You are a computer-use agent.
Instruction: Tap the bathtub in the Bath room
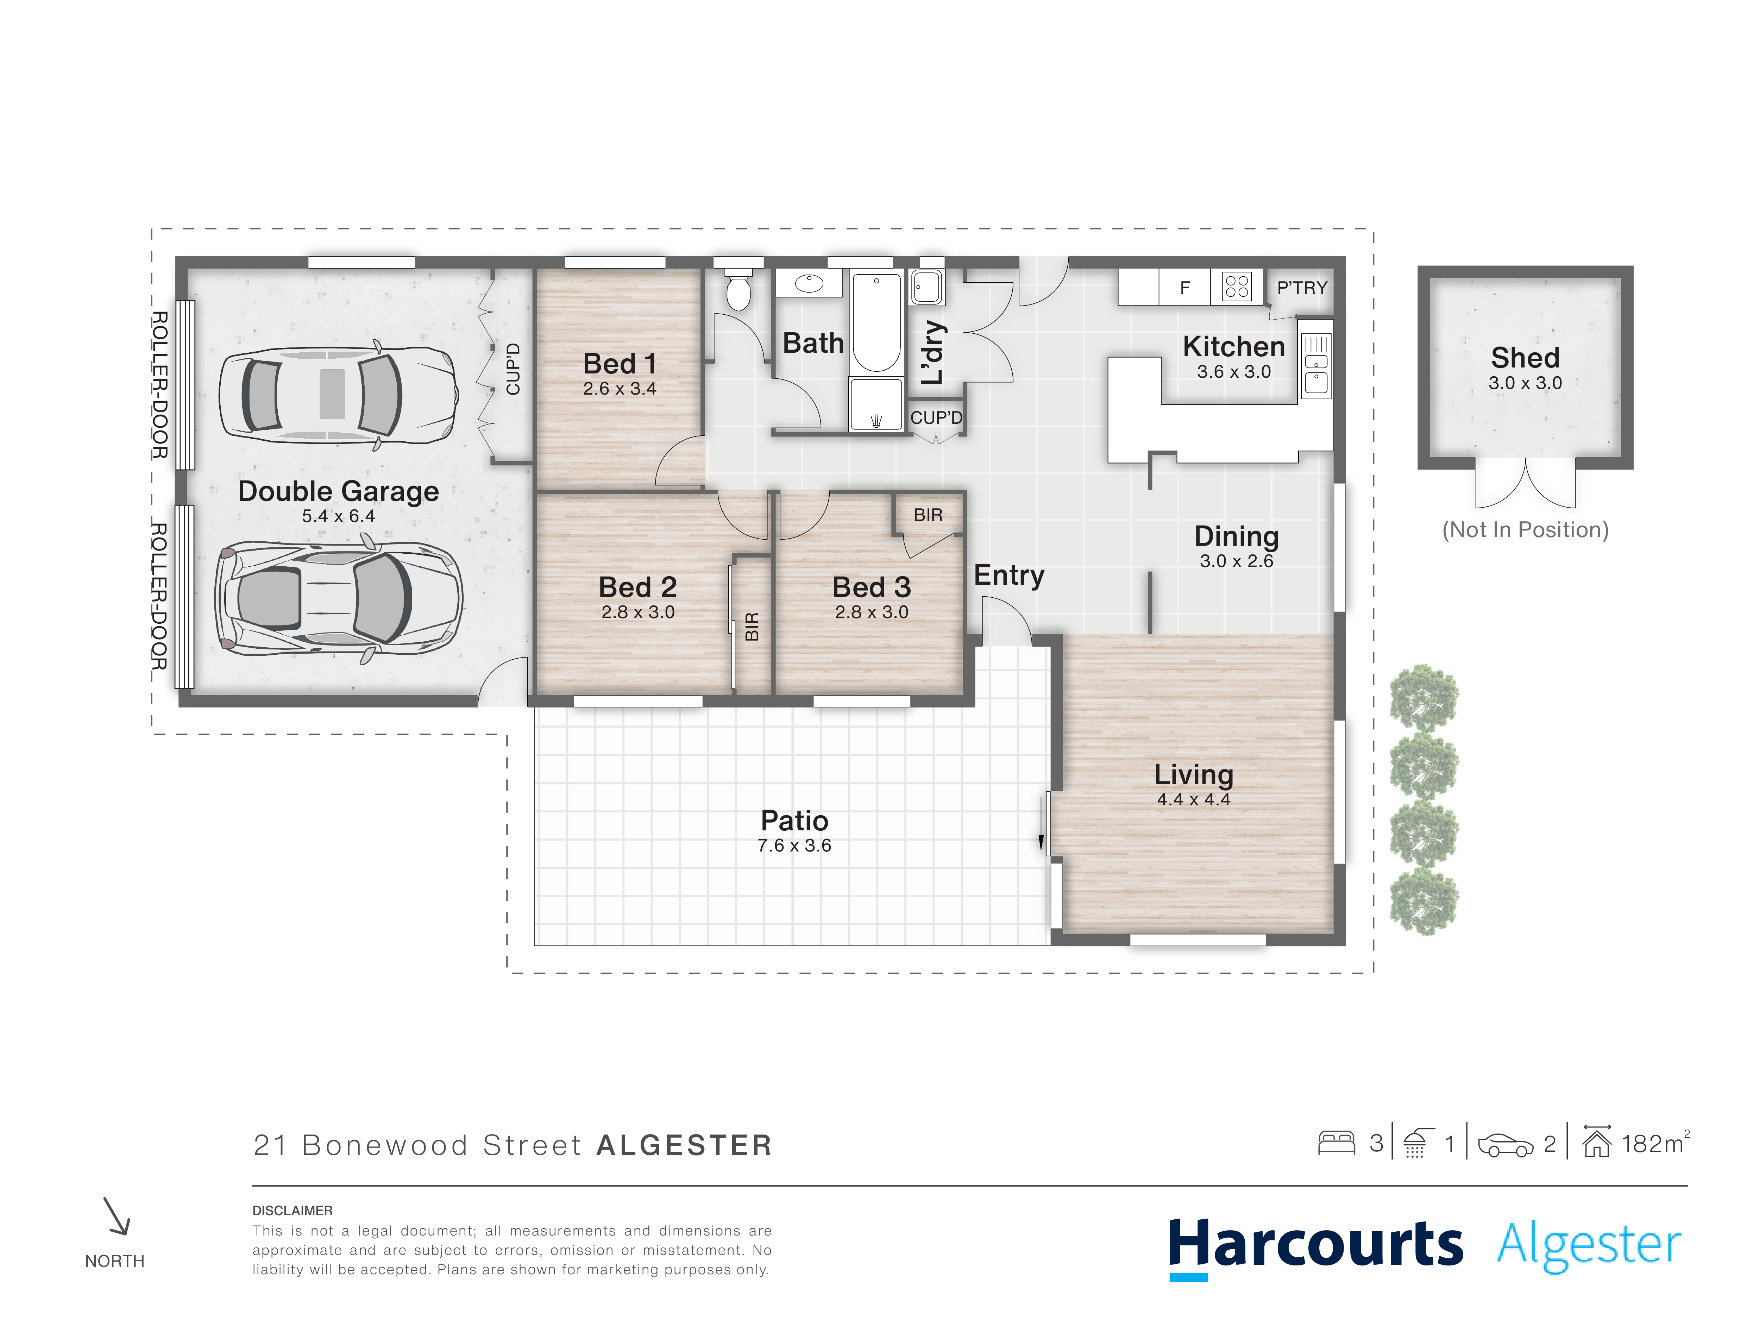click(x=876, y=322)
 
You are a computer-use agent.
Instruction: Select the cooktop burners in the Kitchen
click(x=1237, y=285)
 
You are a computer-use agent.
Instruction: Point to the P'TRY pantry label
click(x=1302, y=287)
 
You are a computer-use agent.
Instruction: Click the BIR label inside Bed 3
click(x=928, y=515)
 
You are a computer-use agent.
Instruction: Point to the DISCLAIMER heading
click(x=292, y=1210)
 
